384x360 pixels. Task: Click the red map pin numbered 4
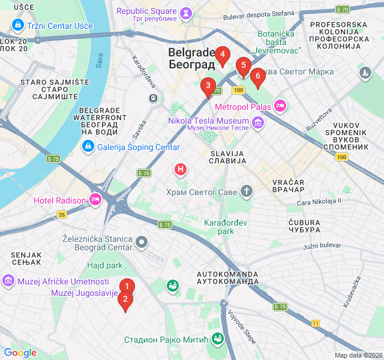click(223, 56)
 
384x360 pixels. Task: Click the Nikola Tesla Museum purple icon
click(258, 123)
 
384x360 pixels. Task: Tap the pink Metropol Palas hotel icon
click(280, 106)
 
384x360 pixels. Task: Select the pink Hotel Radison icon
click(95, 200)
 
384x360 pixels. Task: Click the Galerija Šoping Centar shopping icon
click(88, 146)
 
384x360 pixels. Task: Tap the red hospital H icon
click(180, 170)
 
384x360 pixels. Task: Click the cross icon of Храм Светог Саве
click(246, 192)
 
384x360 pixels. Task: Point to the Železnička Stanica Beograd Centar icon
click(142, 242)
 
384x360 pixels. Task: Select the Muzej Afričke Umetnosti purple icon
click(8, 281)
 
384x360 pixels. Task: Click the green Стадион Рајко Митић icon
click(217, 339)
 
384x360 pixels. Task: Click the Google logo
click(20, 353)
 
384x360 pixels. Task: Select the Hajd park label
click(104, 265)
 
